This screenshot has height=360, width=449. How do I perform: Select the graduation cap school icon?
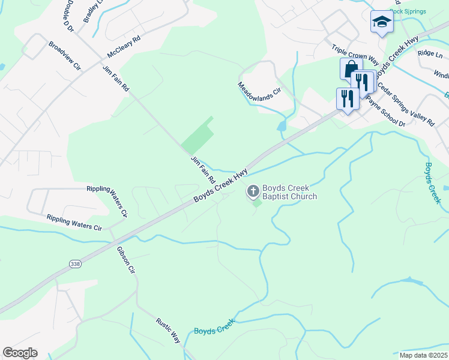[x=381, y=22]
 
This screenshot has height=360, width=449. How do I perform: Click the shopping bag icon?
[x=351, y=68]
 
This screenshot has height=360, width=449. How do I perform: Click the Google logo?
[x=20, y=353]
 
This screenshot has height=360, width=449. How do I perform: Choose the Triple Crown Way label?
[x=355, y=53]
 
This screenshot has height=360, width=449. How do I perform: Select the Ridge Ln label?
[x=429, y=53]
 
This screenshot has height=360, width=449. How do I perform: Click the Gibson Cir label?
[x=126, y=259]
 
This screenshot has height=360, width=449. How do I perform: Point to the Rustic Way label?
[x=169, y=330]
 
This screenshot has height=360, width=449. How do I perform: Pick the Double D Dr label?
[x=67, y=14]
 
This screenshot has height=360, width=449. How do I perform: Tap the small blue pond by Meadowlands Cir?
[x=281, y=127]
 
